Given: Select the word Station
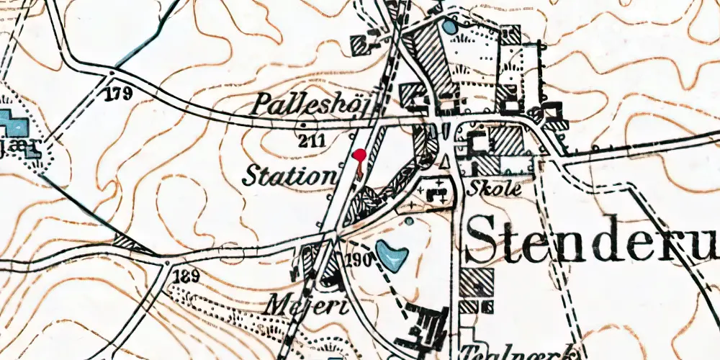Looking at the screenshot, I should (x=289, y=175).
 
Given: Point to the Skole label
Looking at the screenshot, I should (x=493, y=189).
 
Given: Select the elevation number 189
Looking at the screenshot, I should (x=185, y=276).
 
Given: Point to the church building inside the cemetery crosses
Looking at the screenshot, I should (x=436, y=192).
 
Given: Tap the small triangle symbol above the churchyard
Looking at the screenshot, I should (x=444, y=160).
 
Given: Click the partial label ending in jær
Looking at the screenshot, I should (x=25, y=150).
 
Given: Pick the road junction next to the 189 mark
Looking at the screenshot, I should (x=167, y=264).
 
